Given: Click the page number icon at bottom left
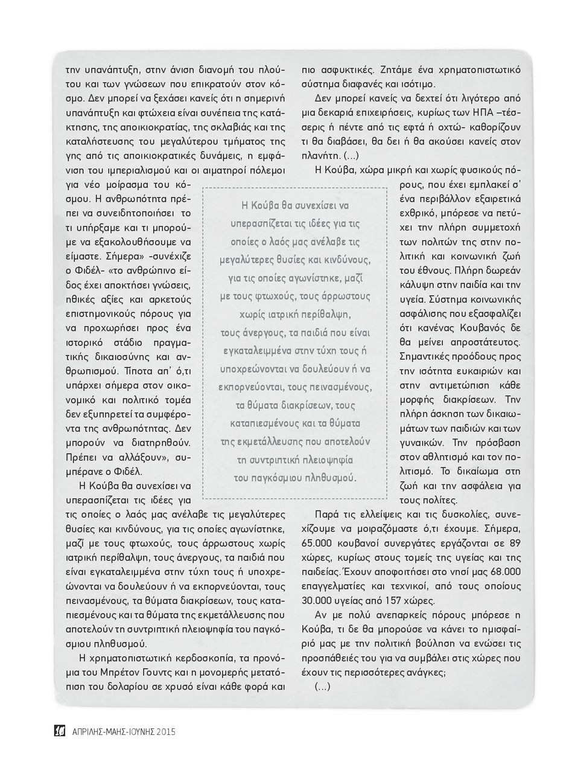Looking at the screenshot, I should pyautogui.click(x=60, y=731).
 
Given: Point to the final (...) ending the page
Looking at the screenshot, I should pyautogui.click(x=323, y=687).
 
